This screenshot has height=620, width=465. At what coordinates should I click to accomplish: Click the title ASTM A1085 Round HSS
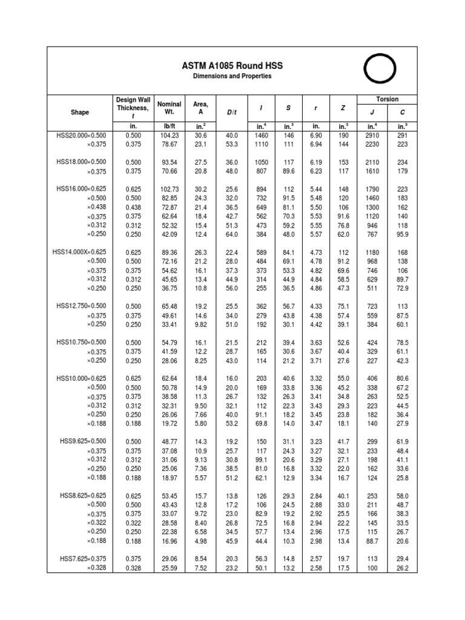point(232,65)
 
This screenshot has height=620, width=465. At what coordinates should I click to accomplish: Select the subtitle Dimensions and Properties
point(232,77)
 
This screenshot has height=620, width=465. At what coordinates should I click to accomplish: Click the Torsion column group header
point(387,99)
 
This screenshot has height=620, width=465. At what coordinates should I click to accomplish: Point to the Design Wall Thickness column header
point(132,108)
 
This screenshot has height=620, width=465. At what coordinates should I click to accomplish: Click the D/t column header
point(232,112)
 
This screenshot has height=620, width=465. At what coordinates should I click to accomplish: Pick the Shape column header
point(79,112)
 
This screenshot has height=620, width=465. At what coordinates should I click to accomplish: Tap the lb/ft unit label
point(169,127)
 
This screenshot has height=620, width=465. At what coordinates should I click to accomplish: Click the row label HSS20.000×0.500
point(81,136)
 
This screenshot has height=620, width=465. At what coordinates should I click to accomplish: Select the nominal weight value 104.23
point(169,136)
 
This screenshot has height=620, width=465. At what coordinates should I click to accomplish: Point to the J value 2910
point(372,136)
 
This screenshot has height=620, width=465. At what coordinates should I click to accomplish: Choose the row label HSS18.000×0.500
point(81,162)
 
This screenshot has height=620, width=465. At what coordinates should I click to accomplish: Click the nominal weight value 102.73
point(169,189)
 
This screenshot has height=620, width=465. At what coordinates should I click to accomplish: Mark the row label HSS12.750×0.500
point(81,306)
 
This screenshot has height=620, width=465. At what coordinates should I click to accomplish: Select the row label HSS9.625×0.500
point(82,441)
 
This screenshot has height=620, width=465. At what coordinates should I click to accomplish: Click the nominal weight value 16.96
point(169,541)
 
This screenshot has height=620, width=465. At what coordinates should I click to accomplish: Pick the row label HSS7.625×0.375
point(82,559)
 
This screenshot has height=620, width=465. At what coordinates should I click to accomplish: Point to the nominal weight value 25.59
point(169,568)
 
